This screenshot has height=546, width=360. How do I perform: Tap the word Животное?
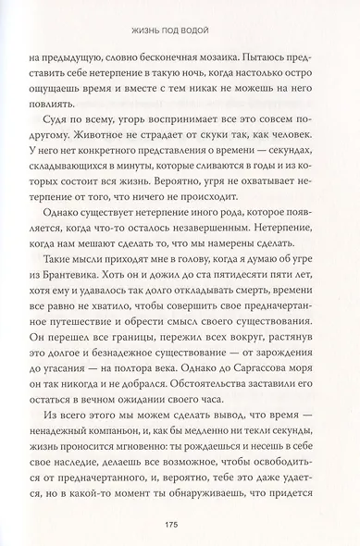(79, 144)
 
